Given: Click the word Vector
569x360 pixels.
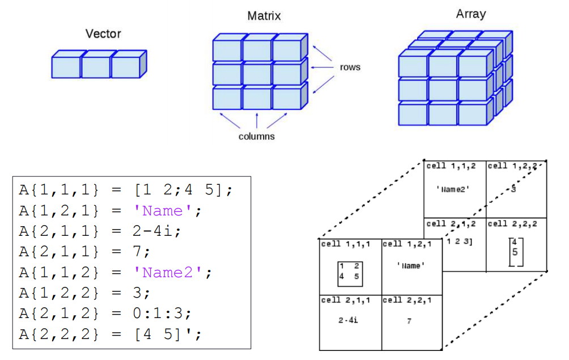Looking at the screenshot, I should [103, 33].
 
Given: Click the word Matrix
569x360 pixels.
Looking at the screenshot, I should [264, 16].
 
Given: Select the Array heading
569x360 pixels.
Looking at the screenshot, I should [470, 14].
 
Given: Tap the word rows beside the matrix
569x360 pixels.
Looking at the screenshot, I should [350, 67].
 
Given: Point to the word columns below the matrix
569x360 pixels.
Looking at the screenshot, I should [256, 136].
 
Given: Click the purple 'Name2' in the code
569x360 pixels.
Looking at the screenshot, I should [168, 273].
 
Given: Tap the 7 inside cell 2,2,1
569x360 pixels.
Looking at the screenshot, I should [409, 321].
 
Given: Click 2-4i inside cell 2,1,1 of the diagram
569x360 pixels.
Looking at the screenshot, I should [348, 320].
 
